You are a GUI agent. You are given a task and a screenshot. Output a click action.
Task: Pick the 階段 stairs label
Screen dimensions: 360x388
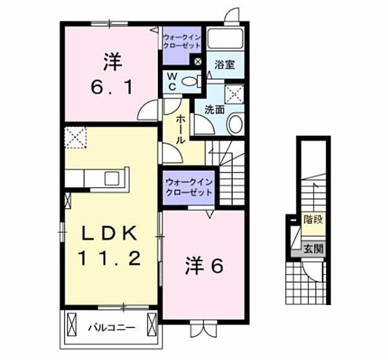tap(313, 219)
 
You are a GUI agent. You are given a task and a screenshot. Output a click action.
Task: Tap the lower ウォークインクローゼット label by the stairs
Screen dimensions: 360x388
tap(188, 188)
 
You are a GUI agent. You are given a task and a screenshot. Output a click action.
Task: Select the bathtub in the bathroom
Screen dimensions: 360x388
tap(226, 38)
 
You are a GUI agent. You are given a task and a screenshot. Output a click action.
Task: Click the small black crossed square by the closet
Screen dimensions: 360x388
tap(199, 62)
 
